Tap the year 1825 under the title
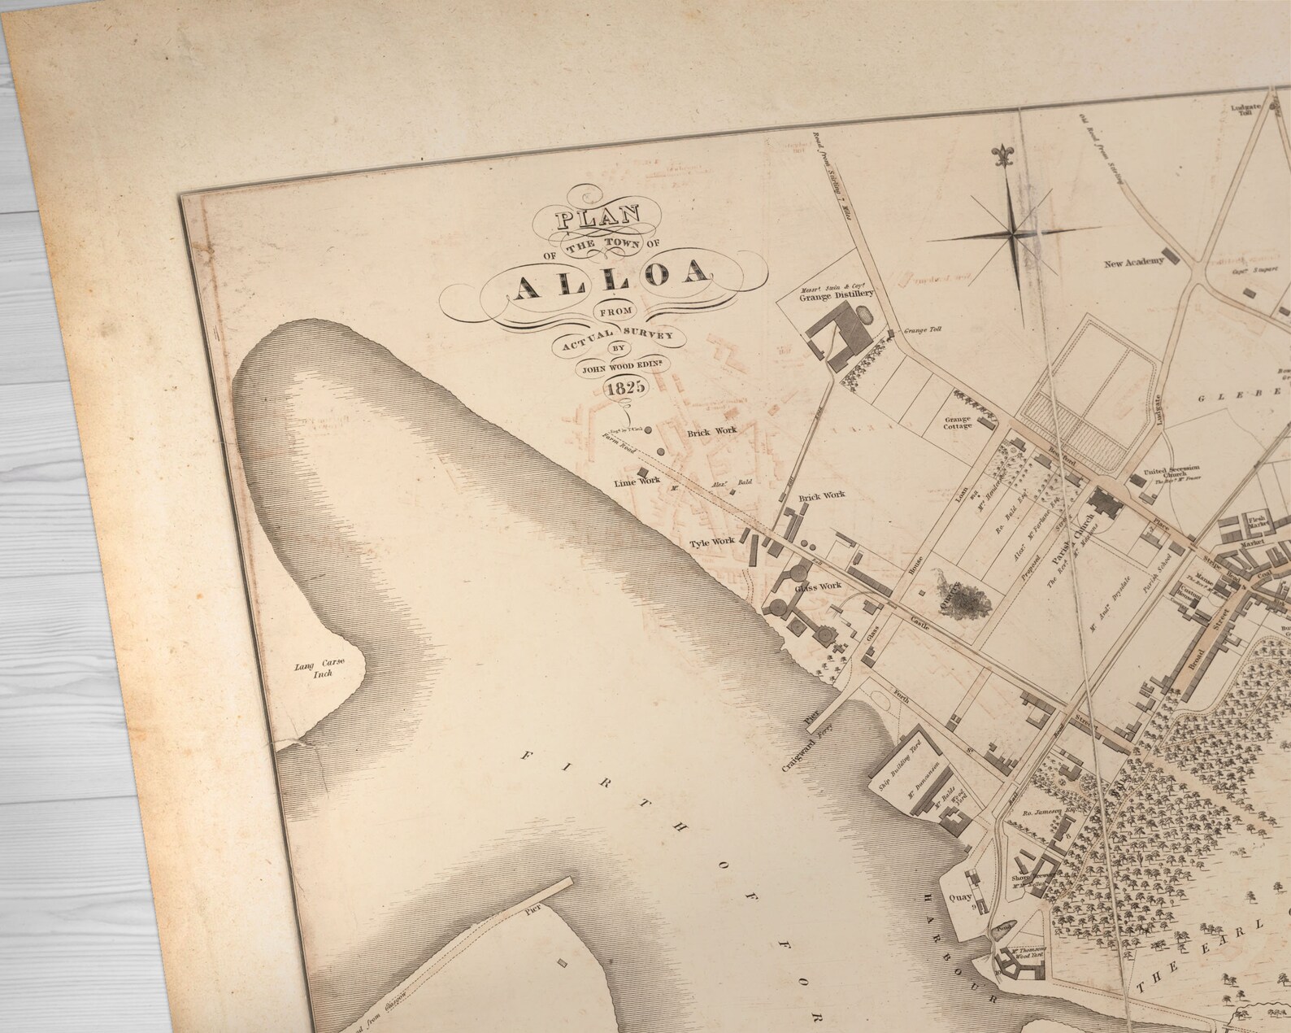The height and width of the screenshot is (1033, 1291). tap(626, 388)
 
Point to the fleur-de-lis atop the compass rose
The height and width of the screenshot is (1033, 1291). tap(1000, 155)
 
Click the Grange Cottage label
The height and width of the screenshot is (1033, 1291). tap(958, 422)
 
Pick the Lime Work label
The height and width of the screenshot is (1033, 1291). tap(636, 482)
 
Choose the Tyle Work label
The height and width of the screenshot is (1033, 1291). tap(711, 541)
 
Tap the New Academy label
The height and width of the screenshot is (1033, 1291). tap(1133, 263)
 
